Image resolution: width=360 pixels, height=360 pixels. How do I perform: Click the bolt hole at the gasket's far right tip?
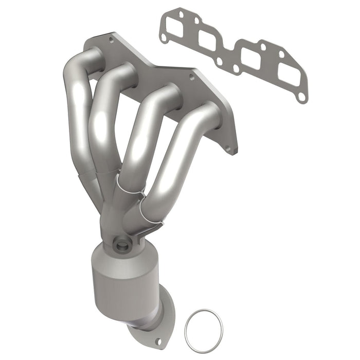click(302, 96)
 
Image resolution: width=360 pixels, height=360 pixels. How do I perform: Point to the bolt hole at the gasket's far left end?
click(164, 38)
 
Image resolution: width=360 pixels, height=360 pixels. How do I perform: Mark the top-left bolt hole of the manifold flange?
click(111, 39)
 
